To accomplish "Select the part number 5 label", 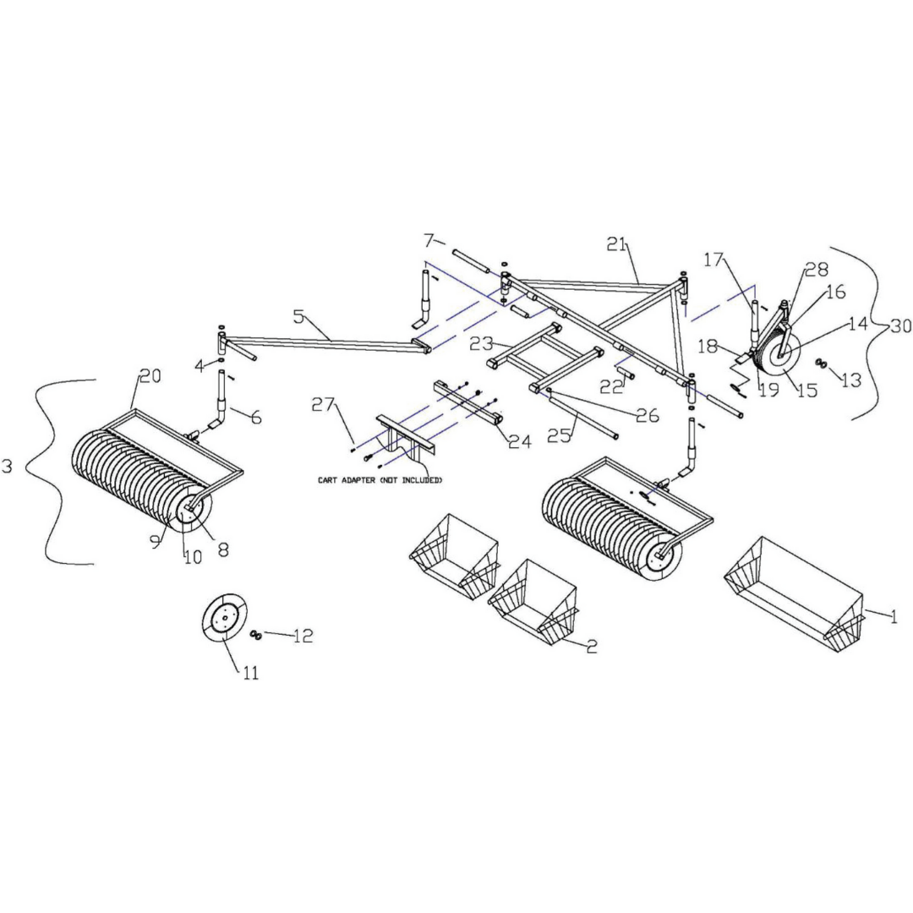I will tap(298, 317).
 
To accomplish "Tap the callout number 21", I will tap(618, 244).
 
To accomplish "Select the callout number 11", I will tap(250, 673).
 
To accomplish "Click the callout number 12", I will tap(302, 637).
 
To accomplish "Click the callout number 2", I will tap(592, 647).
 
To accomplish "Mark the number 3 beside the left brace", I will tap(8, 466).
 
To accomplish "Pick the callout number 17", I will tap(715, 260).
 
